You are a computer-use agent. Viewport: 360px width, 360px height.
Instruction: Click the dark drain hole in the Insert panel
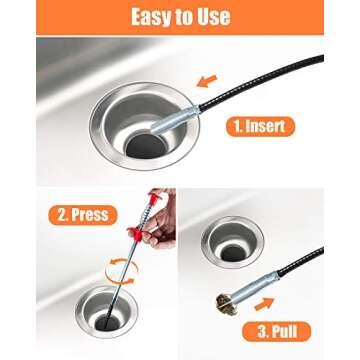coord(140,146)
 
